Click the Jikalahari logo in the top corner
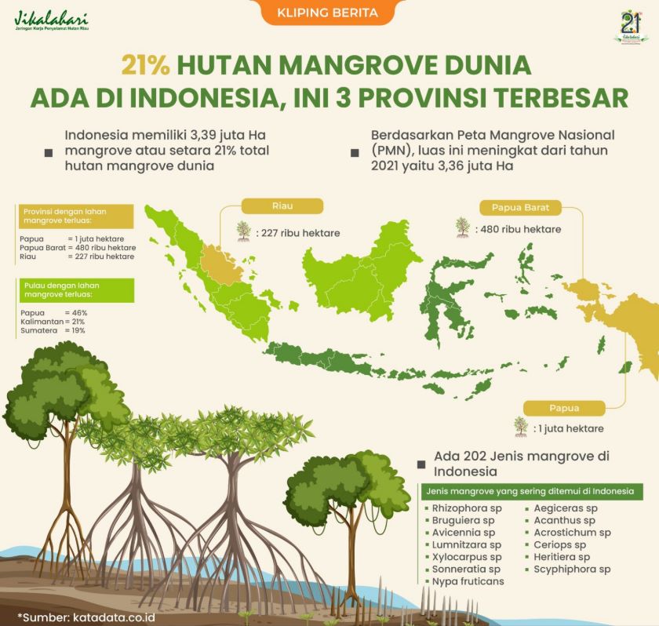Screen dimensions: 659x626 coord(51,21)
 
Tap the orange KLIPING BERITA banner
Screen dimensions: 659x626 coord(328,12)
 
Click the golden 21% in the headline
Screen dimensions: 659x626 coord(146,66)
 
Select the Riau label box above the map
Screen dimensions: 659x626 coord(282,206)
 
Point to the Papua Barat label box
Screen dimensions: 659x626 coord(520,208)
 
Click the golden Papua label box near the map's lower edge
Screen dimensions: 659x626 coord(564,409)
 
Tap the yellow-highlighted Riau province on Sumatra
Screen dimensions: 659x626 coord(220,264)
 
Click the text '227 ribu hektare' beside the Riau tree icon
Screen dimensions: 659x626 coord(301,233)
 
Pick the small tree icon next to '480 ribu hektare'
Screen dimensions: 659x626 coord(463,227)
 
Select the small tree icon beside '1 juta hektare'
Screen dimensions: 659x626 coord(521,427)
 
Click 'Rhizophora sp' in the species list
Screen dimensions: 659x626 coord(467,508)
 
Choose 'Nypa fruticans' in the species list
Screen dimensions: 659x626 coord(468,581)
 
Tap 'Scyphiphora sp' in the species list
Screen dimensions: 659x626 coord(572,570)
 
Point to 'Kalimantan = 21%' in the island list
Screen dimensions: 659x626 coord(53,322)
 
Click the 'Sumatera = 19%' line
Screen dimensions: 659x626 coord(53,330)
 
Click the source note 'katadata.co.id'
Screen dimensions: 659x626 coord(114,617)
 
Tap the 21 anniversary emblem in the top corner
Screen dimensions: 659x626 coord(631,27)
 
